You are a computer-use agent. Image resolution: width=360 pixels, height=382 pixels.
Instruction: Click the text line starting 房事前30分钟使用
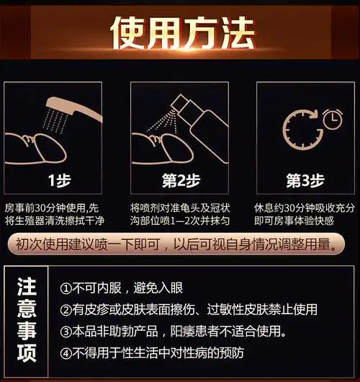click(x=56, y=207)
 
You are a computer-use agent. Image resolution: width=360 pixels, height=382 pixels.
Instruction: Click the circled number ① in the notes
click(x=66, y=288)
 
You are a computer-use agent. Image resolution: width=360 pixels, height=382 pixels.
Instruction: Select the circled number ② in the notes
click(x=66, y=310)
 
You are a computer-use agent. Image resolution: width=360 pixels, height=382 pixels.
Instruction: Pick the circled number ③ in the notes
click(x=66, y=332)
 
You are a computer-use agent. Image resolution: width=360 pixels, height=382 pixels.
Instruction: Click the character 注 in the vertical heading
click(x=27, y=286)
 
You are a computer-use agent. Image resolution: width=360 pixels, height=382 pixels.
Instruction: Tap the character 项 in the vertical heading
click(x=27, y=355)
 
